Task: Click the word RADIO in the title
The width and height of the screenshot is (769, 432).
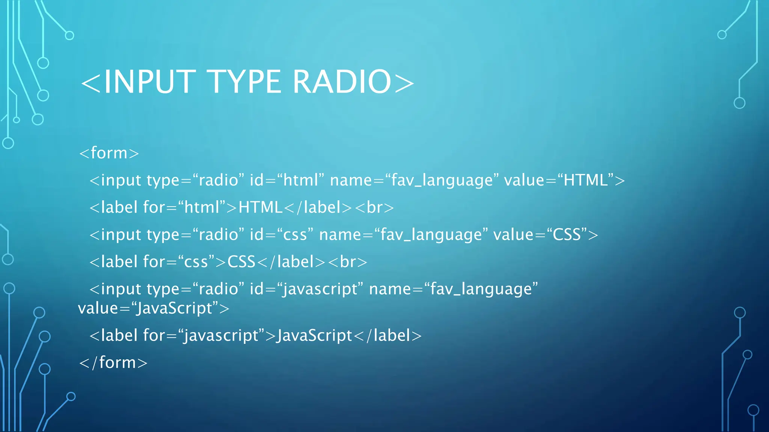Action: tap(342, 82)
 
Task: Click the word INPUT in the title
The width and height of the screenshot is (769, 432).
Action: tap(149, 82)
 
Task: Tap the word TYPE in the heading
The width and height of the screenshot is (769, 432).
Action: tap(244, 82)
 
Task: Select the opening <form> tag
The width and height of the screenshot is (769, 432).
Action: tap(109, 153)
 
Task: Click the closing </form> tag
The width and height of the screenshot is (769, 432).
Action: tap(113, 363)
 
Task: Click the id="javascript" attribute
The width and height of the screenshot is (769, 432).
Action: tap(306, 289)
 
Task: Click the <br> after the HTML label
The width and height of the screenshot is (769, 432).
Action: tap(374, 207)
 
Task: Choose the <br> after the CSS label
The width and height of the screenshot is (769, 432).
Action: tap(348, 262)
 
